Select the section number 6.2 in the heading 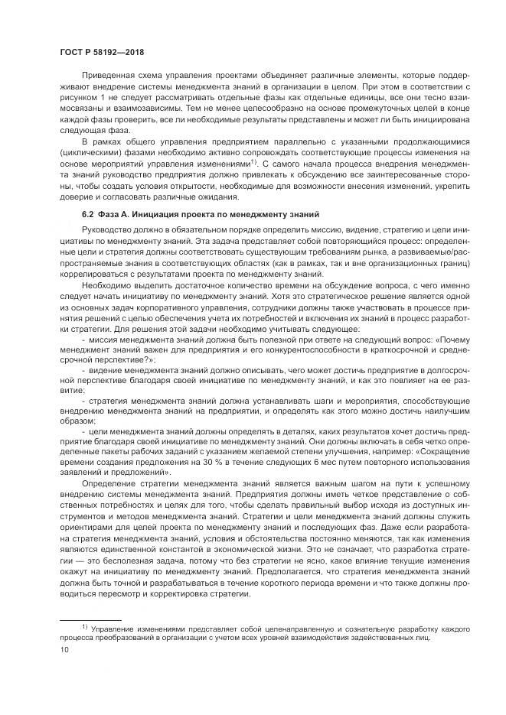coord(87,212)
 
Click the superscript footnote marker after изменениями coord(256,161)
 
